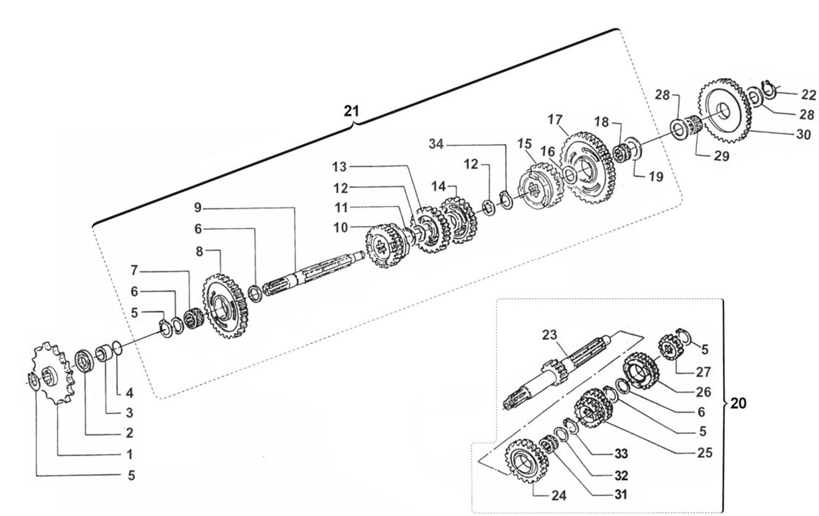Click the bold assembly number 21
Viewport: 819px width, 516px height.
(x=351, y=111)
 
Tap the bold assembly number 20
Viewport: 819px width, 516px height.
(x=738, y=403)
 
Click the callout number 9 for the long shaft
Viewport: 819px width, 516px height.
(x=198, y=208)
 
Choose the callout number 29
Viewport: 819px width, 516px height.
(x=721, y=156)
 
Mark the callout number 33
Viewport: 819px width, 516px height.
(x=621, y=454)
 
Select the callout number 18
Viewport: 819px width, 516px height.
(x=601, y=122)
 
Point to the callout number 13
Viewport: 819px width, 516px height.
(x=339, y=167)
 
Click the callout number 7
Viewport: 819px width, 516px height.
(x=134, y=271)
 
